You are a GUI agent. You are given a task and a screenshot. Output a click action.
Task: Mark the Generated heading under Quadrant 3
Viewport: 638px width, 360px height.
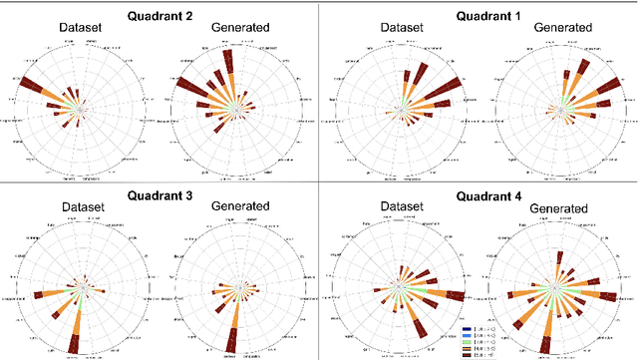231,207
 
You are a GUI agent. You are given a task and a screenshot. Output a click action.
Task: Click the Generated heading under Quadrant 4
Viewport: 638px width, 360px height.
554,207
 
